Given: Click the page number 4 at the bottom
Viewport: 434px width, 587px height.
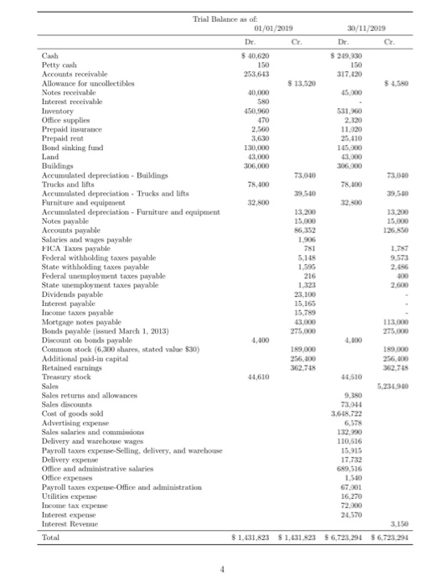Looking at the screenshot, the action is pos(221,568).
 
